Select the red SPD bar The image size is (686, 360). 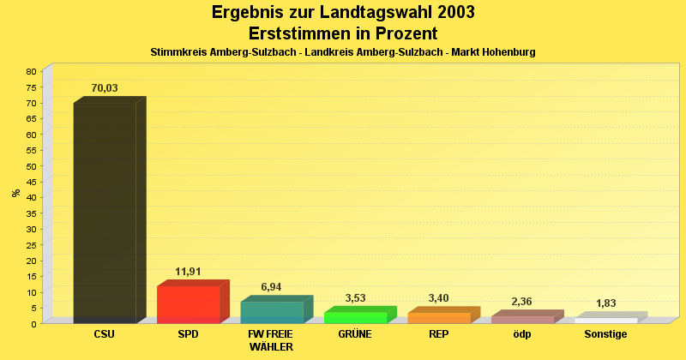188,304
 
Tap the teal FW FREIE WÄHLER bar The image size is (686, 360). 271,312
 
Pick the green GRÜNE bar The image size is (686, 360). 355,317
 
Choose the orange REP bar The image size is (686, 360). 438,318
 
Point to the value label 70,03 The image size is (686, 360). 105,87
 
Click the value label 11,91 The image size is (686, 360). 188,272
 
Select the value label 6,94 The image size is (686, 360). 271,287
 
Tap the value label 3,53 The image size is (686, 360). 355,297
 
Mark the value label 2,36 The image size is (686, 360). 521,302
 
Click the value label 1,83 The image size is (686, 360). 605,303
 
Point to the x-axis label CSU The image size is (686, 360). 105,334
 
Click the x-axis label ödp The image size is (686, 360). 521,334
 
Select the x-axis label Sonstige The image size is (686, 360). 605,334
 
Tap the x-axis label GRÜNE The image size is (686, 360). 355,334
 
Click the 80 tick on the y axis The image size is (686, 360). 31,71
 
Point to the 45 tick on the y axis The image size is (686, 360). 31,182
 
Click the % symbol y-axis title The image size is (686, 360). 16,193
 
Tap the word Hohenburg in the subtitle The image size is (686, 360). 507,52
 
